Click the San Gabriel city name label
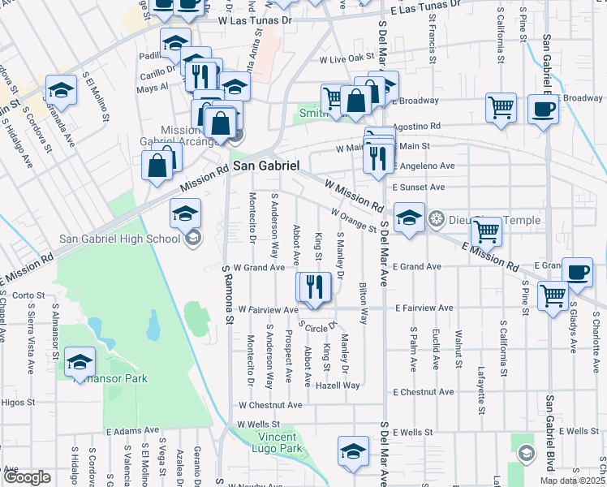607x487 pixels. click(266, 165)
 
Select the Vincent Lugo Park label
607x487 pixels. click(267, 442)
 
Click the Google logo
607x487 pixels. click(27, 478)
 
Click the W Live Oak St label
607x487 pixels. click(346, 59)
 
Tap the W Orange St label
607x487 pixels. click(354, 218)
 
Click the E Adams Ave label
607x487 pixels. click(133, 431)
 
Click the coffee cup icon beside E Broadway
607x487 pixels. click(543, 108)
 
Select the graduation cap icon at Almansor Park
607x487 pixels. click(80, 361)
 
